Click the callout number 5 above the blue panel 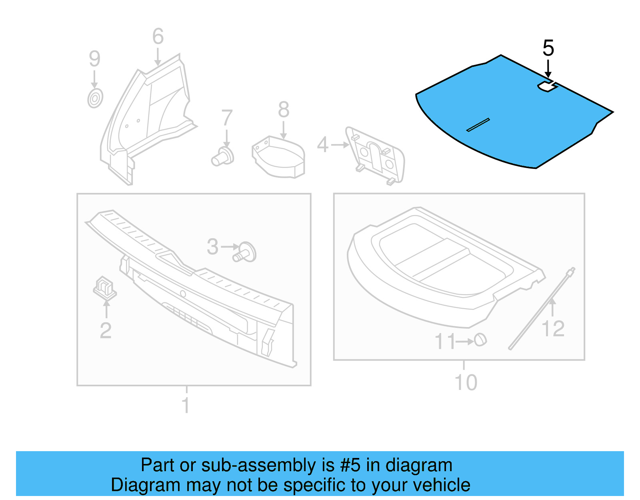[548, 48]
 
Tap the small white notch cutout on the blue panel [547, 86]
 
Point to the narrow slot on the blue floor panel [478, 125]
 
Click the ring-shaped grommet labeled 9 [95, 98]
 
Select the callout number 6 [158, 36]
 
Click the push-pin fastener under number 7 [223, 157]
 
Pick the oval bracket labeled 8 [279, 158]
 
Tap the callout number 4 [322, 145]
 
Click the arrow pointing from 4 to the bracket [340, 145]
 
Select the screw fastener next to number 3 [245, 252]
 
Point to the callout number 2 [106, 330]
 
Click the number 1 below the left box [186, 405]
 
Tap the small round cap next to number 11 [480, 340]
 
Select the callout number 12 [553, 329]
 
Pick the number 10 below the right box [466, 383]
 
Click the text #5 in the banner [350, 465]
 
